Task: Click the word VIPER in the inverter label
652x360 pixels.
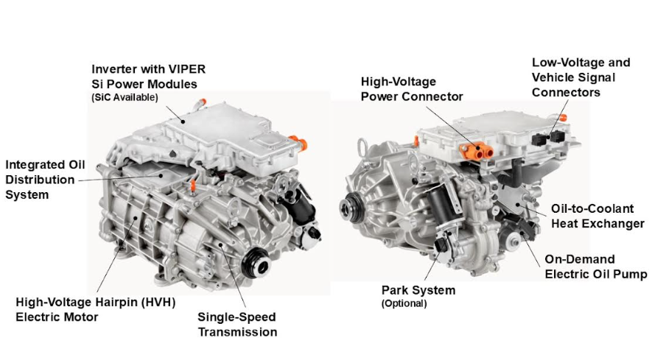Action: coord(189,69)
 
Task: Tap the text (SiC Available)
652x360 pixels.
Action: coord(125,97)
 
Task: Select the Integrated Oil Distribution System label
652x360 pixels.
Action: coord(45,180)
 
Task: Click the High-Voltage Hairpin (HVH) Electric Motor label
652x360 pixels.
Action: coord(96,309)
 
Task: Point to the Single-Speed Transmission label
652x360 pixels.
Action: coord(237,324)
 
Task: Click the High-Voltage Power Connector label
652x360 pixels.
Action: coord(412,89)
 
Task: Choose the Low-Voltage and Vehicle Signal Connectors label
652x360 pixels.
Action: coord(581,77)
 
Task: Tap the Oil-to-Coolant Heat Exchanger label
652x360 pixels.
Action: coord(597,216)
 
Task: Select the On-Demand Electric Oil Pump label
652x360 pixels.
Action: coord(596,267)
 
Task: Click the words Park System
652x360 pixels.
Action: coord(418,290)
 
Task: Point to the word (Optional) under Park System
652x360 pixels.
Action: coord(404,303)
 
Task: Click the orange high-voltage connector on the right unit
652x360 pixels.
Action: coord(477,152)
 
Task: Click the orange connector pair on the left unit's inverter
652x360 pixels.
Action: coord(298,142)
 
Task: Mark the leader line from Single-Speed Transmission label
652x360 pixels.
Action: coord(233,276)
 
